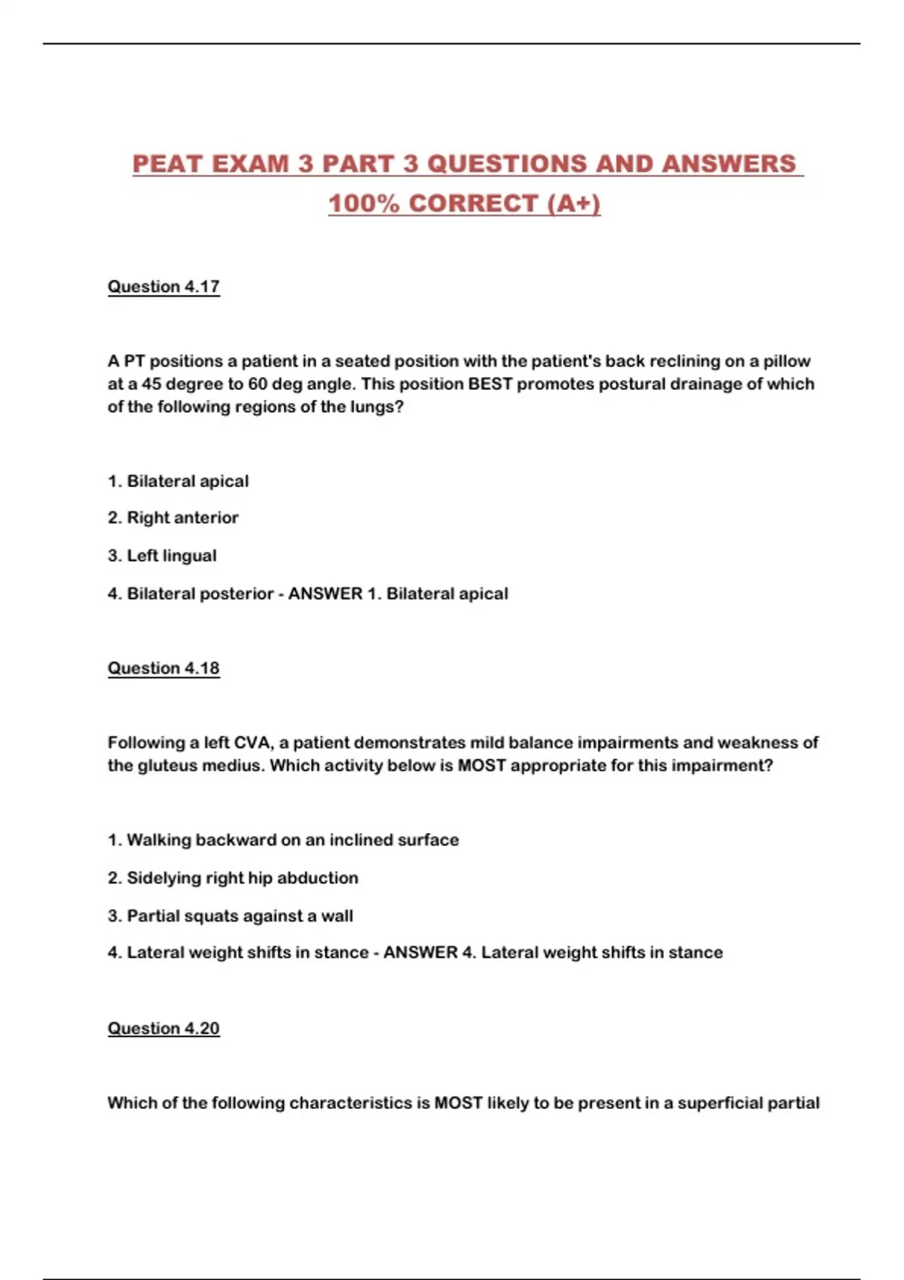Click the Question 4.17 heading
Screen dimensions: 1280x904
point(163,287)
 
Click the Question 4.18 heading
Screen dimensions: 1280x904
point(163,669)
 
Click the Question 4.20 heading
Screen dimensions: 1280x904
point(163,1029)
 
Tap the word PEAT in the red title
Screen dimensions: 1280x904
point(168,164)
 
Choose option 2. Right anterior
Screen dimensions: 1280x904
point(173,518)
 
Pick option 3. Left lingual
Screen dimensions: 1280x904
point(162,556)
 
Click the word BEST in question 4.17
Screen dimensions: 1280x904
point(490,384)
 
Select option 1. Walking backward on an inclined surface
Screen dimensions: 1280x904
point(283,840)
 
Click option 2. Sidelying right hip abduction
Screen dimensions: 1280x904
point(233,878)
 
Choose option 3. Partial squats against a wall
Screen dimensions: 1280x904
point(231,916)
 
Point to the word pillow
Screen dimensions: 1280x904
point(786,361)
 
